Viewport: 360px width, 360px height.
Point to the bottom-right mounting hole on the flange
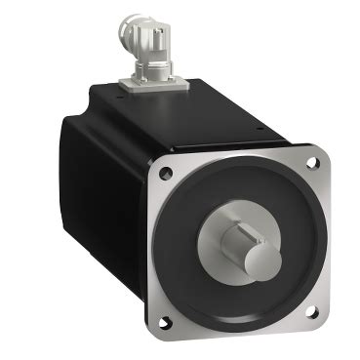coord(310,313)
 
